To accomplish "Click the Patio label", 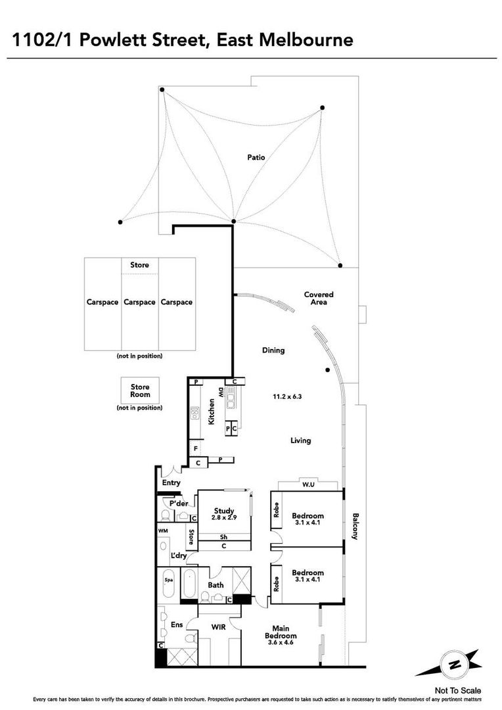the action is (x=256, y=158).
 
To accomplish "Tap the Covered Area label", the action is (x=319, y=298).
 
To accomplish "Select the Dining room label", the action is (x=273, y=350).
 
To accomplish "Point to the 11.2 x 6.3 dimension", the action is (x=287, y=396).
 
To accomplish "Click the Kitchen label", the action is (x=211, y=412).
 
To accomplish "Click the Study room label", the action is (x=224, y=511).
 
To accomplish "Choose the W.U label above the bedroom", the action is (x=308, y=485).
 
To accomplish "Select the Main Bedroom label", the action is (x=281, y=632).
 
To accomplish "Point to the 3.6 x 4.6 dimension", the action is (x=281, y=642).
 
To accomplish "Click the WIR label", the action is (x=219, y=627).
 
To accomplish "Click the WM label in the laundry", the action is (x=162, y=531).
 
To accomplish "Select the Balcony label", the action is (x=355, y=526).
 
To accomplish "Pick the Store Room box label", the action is (x=140, y=390).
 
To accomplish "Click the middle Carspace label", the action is (x=139, y=302).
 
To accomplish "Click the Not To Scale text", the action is (x=457, y=690).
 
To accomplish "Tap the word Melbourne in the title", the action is (x=306, y=39).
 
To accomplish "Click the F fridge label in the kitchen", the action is (x=195, y=449).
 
